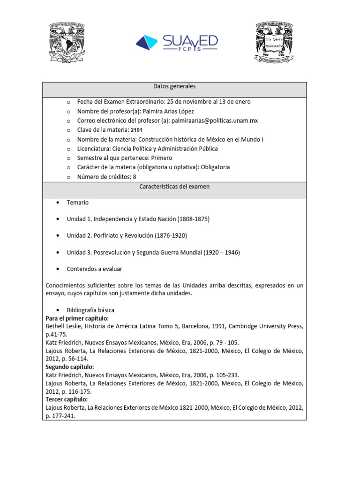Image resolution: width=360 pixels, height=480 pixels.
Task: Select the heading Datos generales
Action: click(174, 86)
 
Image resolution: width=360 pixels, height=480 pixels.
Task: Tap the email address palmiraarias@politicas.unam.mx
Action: click(215, 120)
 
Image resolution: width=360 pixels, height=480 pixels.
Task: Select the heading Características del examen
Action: click(174, 187)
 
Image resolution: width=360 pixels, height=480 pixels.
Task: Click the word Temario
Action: click(77, 202)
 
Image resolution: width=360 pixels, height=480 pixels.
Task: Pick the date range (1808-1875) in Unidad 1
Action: click(194, 219)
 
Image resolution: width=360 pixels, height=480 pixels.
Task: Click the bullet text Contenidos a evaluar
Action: click(94, 269)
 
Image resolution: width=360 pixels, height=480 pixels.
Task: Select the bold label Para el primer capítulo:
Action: click(77, 318)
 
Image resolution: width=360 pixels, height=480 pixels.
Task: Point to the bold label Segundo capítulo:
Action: click(69, 367)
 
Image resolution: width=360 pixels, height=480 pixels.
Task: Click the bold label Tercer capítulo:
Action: click(67, 399)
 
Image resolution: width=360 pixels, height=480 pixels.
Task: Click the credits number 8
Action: click(135, 177)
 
